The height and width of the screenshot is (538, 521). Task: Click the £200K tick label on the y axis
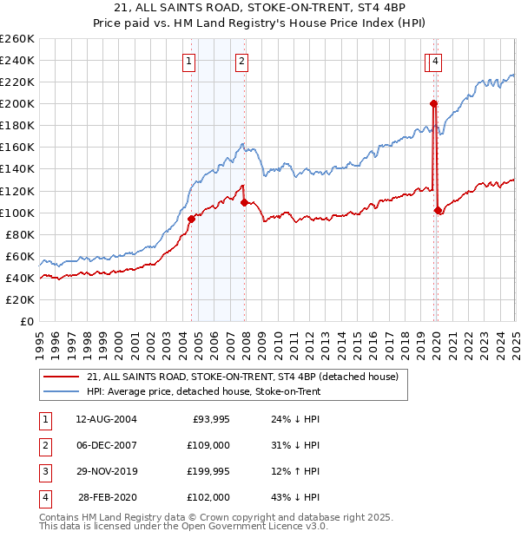[18, 104]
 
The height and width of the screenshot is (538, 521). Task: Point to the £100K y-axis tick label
[18, 213]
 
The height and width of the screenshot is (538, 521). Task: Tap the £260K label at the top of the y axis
[18, 39]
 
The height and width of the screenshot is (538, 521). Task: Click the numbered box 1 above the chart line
[188, 62]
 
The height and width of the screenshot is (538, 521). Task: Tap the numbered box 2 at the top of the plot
[241, 62]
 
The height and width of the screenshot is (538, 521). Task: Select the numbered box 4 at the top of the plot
[434, 62]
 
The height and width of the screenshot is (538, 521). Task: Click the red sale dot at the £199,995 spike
[432, 104]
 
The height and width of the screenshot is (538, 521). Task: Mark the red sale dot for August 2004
[191, 219]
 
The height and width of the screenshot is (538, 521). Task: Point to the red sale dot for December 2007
[244, 202]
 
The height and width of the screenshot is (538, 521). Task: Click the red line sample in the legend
[62, 377]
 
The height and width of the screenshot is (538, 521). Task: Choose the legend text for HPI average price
[204, 392]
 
